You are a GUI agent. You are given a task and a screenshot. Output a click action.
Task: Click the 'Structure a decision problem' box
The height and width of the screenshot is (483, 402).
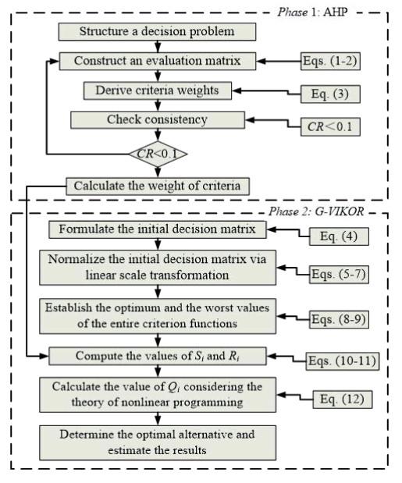tap(157, 31)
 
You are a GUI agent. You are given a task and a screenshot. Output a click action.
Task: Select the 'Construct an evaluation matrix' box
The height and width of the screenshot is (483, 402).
tap(158, 61)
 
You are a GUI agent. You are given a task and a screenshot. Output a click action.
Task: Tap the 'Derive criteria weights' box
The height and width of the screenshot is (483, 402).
tap(158, 91)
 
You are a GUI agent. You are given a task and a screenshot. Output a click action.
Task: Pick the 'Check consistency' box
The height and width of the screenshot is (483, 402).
tap(158, 120)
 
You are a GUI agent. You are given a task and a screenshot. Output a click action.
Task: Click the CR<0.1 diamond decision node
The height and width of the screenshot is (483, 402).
tap(158, 154)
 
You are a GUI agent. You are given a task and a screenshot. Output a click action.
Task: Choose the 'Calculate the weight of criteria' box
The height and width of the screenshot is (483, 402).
tap(158, 186)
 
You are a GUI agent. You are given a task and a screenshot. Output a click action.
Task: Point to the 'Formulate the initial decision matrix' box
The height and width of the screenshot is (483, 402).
tap(158, 229)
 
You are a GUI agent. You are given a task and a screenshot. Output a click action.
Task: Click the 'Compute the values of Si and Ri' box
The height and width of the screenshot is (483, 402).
tap(158, 356)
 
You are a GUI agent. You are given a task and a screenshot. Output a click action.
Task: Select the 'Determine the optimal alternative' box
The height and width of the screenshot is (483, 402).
tap(158, 442)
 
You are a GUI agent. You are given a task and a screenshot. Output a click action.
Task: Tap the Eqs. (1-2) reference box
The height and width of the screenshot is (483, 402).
tap(330, 61)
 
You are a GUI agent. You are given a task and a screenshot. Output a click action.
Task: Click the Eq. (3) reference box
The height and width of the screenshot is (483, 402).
tap(330, 94)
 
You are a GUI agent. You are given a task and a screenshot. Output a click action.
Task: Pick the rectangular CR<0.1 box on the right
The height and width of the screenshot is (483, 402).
tap(330, 127)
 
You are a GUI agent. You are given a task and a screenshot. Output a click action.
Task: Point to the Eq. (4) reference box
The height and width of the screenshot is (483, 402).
tap(339, 236)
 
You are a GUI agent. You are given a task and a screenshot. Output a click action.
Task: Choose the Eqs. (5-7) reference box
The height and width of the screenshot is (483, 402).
tap(339, 274)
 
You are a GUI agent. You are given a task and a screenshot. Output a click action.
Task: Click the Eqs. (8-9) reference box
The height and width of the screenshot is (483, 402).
tap(339, 319)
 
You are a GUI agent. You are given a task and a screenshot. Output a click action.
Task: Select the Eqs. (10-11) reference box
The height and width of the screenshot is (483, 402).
tap(342, 360)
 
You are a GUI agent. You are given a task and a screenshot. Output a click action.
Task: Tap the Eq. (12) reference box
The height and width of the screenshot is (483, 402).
tap(343, 400)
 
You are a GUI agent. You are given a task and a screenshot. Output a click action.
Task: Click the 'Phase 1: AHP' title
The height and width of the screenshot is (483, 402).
tap(313, 12)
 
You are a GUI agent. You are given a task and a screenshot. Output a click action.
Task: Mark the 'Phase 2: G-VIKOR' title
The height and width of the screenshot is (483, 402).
tap(316, 211)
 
